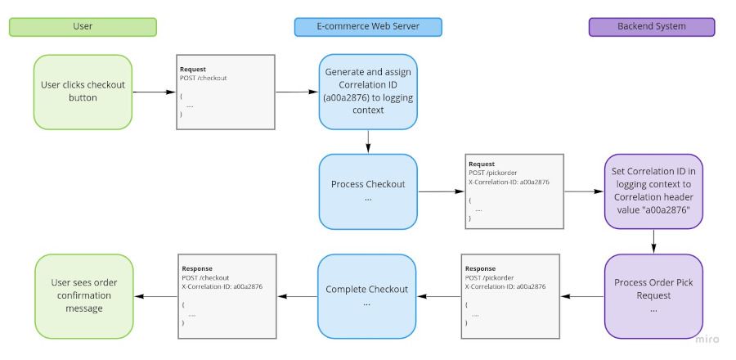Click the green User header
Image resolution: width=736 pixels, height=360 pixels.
coord(83,27)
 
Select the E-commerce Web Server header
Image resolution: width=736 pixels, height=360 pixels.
coord(368,27)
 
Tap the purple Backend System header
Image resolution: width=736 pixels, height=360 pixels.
coord(652,27)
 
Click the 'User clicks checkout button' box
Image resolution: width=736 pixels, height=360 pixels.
coord(83,92)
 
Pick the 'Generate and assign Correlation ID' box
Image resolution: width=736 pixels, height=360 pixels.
coord(368,92)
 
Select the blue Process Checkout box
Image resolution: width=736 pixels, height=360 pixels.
coord(368,191)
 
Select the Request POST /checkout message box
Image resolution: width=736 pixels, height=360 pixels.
coord(225,92)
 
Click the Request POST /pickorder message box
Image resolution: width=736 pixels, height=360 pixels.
coord(514,191)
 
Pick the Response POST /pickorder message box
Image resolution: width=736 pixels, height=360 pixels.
coord(512,295)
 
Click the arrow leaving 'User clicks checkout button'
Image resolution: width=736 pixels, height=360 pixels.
coord(154,92)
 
